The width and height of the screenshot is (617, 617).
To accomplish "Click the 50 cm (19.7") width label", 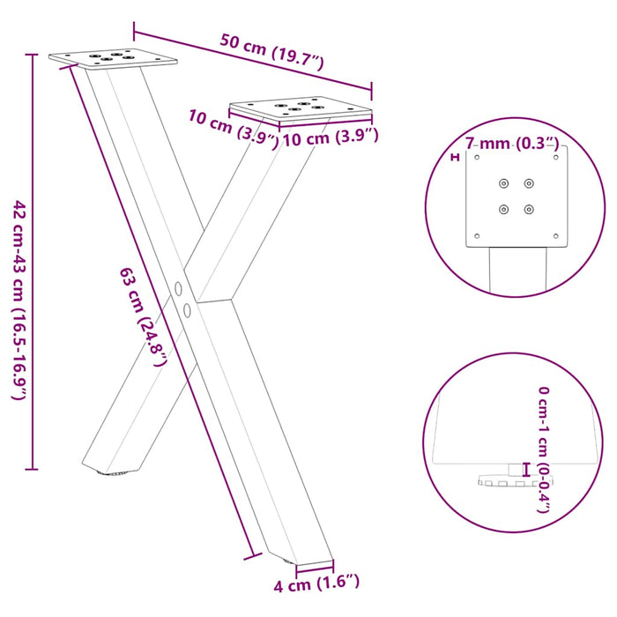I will (x=272, y=53).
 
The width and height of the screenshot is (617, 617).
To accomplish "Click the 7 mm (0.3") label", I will (x=512, y=143).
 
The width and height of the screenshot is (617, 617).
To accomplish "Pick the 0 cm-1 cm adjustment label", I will (x=544, y=450).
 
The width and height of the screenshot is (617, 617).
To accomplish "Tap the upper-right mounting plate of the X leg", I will (x=300, y=109).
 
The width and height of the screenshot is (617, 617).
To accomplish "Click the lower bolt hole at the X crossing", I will (x=187, y=309).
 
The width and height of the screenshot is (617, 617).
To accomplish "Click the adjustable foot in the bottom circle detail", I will (x=502, y=480).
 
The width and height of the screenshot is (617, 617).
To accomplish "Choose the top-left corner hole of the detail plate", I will (x=477, y=158).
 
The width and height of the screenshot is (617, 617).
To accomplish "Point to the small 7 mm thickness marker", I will (x=456, y=158).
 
